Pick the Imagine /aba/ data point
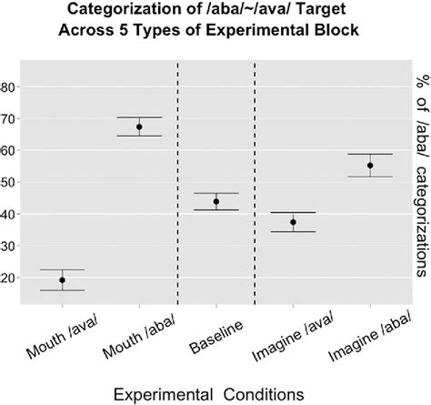(x=370, y=165)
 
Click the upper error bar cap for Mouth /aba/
(x=139, y=117)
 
